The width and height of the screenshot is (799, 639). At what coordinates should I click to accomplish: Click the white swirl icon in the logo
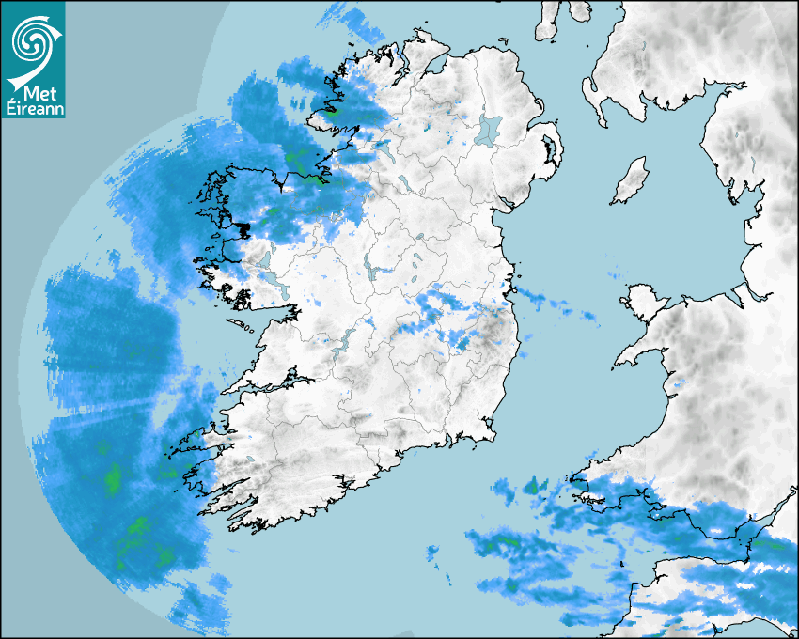[32, 41]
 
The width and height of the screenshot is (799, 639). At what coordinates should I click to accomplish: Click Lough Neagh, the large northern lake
[490, 129]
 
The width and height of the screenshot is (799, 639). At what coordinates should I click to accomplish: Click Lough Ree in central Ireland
[377, 272]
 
